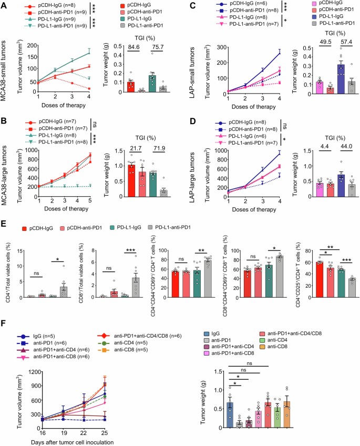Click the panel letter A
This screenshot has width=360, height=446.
click(x=4, y=5)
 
